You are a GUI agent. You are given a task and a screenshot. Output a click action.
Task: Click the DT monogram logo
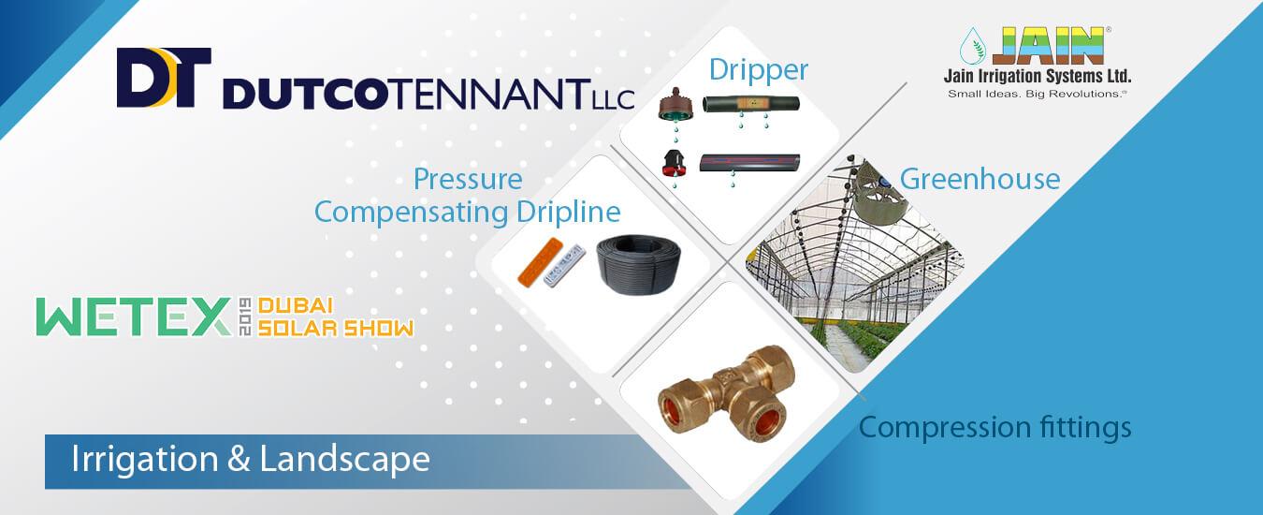pyautogui.click(x=164, y=78)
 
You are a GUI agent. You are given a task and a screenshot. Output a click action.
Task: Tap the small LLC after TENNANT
pyautogui.click(x=614, y=100)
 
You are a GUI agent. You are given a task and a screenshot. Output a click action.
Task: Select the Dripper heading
pyautogui.click(x=759, y=70)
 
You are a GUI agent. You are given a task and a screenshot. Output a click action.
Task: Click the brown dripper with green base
pyautogui.click(x=675, y=105)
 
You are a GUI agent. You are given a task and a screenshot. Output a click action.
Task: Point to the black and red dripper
pyautogui.click(x=675, y=164)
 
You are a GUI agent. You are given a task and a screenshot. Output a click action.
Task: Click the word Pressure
pyautogui.click(x=468, y=180)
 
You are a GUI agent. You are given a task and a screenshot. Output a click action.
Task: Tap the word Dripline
pyautogui.click(x=569, y=213)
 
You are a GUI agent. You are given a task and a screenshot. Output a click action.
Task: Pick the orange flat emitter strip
pyautogui.click(x=540, y=262)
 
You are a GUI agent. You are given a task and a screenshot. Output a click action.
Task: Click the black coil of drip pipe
pyautogui.click(x=638, y=265)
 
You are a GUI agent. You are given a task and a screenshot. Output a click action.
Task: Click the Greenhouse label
pyautogui.click(x=980, y=180)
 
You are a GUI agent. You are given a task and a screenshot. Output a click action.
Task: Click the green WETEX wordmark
pyautogui.click(x=134, y=317)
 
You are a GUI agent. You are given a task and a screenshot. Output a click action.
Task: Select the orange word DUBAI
pyautogui.click(x=296, y=306)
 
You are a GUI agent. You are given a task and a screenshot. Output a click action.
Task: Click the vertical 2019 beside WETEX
pyautogui.click(x=245, y=316)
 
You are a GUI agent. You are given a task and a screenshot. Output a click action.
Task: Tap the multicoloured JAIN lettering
pyautogui.click(x=1048, y=46)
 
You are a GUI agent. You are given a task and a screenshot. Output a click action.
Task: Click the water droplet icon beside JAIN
pyautogui.click(x=973, y=46)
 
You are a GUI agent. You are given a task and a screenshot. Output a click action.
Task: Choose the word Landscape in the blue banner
pyautogui.click(x=344, y=459)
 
